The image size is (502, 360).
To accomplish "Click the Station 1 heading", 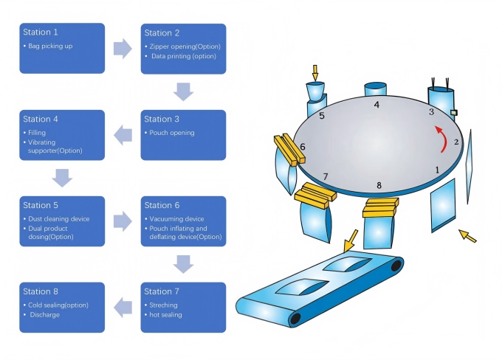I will [41, 32].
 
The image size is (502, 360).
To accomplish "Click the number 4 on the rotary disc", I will [376, 105].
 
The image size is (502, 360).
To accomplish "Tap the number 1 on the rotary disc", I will [437, 170].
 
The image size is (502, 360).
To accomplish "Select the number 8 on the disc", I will [379, 185].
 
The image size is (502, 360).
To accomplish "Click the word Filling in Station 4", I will [37, 133].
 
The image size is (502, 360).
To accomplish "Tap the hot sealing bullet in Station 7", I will [167, 315].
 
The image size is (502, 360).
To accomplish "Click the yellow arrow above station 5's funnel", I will [315, 72].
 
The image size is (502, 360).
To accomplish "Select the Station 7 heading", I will [162, 291].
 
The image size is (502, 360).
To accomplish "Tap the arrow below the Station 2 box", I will [183, 91].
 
